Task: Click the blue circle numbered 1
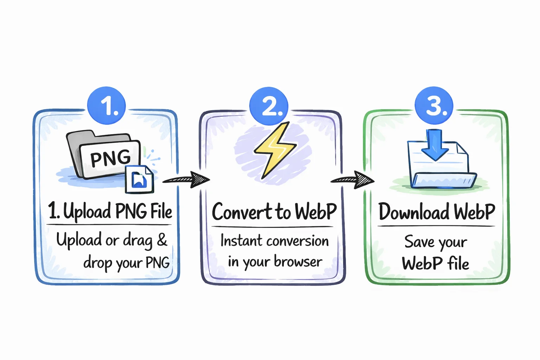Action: [107, 105]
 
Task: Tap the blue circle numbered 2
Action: [269, 106]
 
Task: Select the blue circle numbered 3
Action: [434, 105]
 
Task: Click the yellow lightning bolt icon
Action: [275, 150]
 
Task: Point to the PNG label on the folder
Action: [110, 158]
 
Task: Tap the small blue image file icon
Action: [140, 180]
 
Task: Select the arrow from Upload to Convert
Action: [186, 179]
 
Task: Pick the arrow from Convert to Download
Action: [353, 180]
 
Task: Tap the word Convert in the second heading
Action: [242, 212]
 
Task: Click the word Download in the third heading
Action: [414, 212]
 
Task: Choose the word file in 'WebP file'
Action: [458, 263]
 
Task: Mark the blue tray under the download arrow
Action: [444, 180]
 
